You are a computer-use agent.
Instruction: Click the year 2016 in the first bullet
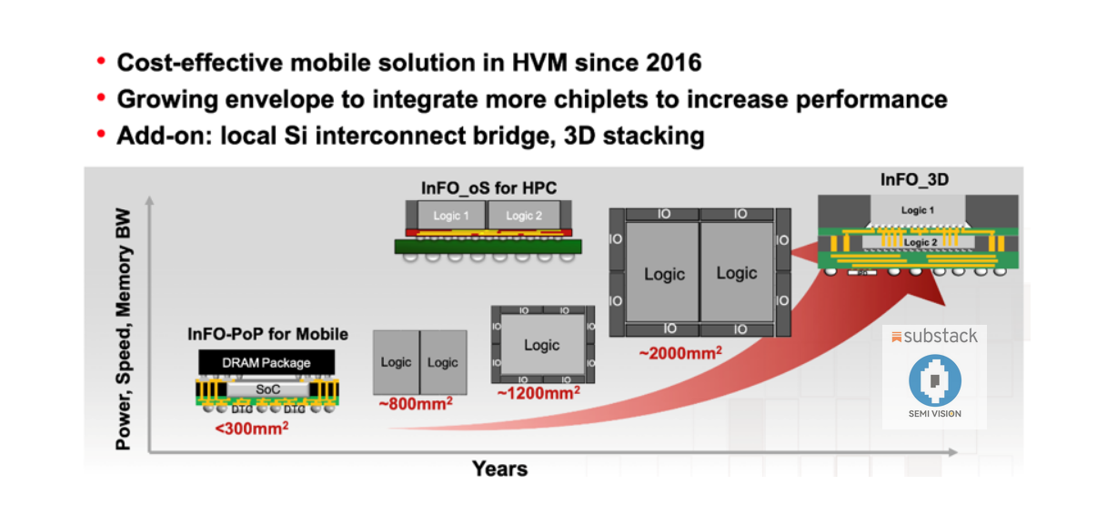tap(671, 63)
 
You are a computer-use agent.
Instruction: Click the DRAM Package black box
tap(267, 362)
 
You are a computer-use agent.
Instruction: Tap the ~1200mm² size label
tap(538, 393)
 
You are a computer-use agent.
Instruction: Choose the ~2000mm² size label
tap(679, 350)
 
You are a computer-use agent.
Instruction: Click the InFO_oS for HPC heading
tap(488, 188)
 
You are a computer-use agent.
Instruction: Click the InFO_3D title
tap(914, 179)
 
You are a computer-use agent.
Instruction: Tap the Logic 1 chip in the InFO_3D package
tap(919, 210)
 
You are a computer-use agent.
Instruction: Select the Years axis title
tap(499, 469)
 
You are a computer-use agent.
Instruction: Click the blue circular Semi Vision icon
tap(934, 380)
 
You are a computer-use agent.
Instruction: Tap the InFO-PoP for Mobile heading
tap(267, 335)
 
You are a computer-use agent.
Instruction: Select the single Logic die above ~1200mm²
tap(541, 345)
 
